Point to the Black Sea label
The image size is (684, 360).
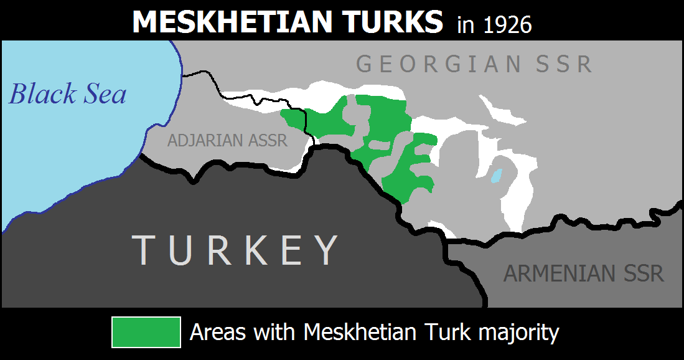tap(68, 94)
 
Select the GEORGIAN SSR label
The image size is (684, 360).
tap(474, 64)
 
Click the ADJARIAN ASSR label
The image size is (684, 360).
tap(227, 141)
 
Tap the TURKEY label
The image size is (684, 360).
tap(237, 250)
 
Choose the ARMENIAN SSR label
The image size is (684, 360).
tap(584, 273)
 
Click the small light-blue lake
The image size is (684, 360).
tap(496, 176)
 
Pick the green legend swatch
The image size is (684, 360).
tap(146, 332)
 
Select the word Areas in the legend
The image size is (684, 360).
tap(215, 332)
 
